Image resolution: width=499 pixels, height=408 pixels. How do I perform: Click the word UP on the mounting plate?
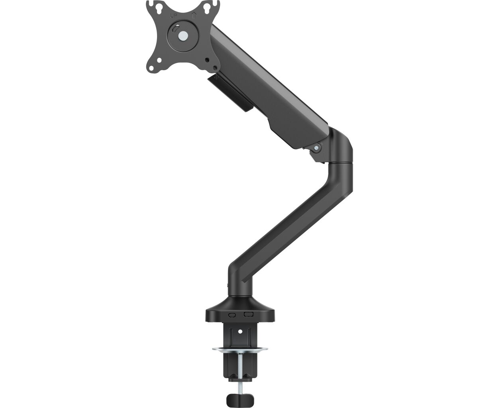[x=173, y=16]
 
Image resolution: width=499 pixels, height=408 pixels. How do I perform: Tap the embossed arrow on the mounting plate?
[x=194, y=16]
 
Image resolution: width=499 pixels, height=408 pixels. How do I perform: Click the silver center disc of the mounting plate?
[x=183, y=36]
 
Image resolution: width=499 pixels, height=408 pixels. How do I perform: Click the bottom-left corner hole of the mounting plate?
[x=159, y=60]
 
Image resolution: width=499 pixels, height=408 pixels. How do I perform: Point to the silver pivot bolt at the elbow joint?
[x=316, y=148]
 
